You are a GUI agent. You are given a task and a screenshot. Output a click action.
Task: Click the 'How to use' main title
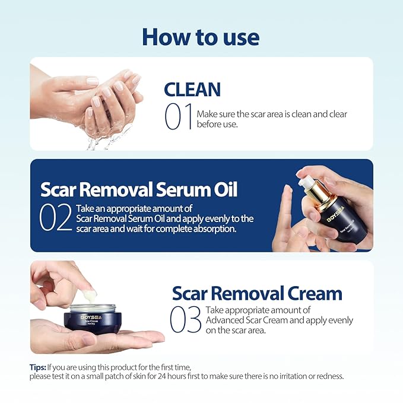click(x=201, y=37)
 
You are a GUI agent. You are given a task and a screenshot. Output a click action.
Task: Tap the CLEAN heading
click(x=192, y=90)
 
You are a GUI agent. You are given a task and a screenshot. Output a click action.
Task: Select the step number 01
click(x=178, y=116)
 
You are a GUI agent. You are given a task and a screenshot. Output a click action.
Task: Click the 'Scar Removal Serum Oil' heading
click(x=139, y=189)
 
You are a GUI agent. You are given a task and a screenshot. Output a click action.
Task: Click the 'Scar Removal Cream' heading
click(x=257, y=293)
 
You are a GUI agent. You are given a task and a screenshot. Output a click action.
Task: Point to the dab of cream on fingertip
click(x=88, y=295)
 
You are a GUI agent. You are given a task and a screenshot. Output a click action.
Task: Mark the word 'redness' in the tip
click(x=328, y=376)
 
